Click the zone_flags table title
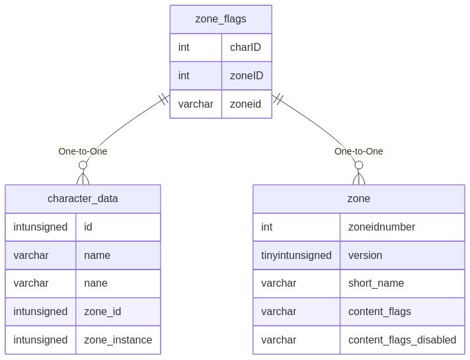click(x=221, y=19)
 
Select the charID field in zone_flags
click(x=245, y=47)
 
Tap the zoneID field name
click(x=247, y=75)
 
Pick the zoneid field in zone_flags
click(x=245, y=104)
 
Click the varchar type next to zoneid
click(x=196, y=104)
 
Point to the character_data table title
click(x=83, y=199)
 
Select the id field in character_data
click(x=88, y=227)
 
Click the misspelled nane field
click(x=96, y=283)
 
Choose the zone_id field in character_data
click(x=102, y=312)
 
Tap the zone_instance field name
click(x=118, y=340)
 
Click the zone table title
click(x=358, y=199)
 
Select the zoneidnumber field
click(x=381, y=227)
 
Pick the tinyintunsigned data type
click(x=296, y=255)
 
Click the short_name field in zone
click(x=376, y=283)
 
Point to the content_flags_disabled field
click(x=402, y=340)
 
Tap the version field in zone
click(x=365, y=255)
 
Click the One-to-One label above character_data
click(x=83, y=151)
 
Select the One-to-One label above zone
click(x=358, y=151)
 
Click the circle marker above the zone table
click(x=358, y=165)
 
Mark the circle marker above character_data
click(x=83, y=165)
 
